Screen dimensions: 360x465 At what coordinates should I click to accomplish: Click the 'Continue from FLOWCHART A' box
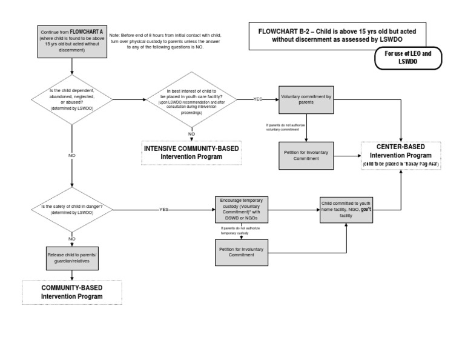tap(72, 41)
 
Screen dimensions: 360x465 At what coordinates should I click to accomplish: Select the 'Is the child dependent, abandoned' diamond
tap(72, 99)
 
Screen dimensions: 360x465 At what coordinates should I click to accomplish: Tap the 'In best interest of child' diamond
tap(191, 99)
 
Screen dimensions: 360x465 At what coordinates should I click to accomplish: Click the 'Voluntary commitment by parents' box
tap(306, 100)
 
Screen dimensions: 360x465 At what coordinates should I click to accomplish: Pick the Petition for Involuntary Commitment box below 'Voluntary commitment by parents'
tap(306, 155)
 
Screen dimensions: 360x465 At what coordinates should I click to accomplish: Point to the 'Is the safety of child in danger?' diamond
tap(72, 209)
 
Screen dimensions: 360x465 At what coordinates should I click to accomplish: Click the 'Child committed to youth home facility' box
tap(346, 209)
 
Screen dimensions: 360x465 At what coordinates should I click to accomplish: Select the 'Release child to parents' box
tap(72, 258)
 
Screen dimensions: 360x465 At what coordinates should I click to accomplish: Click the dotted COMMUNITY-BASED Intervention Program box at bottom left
tap(72, 292)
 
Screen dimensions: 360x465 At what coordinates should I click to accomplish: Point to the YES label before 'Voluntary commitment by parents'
tap(257, 99)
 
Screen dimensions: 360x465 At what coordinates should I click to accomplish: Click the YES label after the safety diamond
tap(163, 209)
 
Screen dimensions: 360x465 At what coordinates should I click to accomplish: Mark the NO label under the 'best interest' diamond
tap(191, 133)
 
